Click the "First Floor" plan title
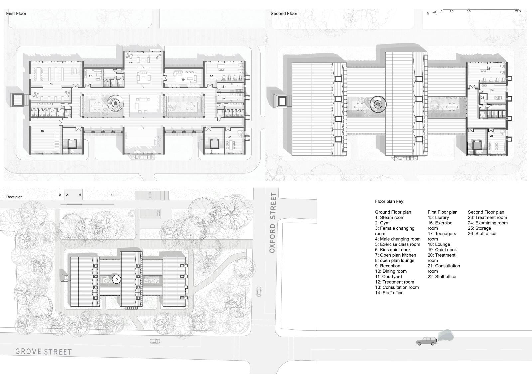tap(16, 14)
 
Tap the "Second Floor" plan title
tap(284, 14)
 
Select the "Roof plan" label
tap(14, 197)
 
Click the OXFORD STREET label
tap(273, 223)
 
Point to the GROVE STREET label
tap(44, 352)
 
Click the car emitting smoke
tap(427, 341)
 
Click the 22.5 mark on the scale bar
tap(518, 11)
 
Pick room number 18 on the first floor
tap(130, 63)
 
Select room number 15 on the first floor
tap(51, 84)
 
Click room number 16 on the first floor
tap(42, 131)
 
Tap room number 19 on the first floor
tap(183, 80)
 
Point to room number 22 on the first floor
tap(229, 137)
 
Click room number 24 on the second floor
tap(492, 90)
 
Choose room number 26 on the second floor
tap(492, 136)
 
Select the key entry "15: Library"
tap(438, 217)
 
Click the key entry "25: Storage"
tap(479, 228)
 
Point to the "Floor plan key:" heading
tap(389, 202)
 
